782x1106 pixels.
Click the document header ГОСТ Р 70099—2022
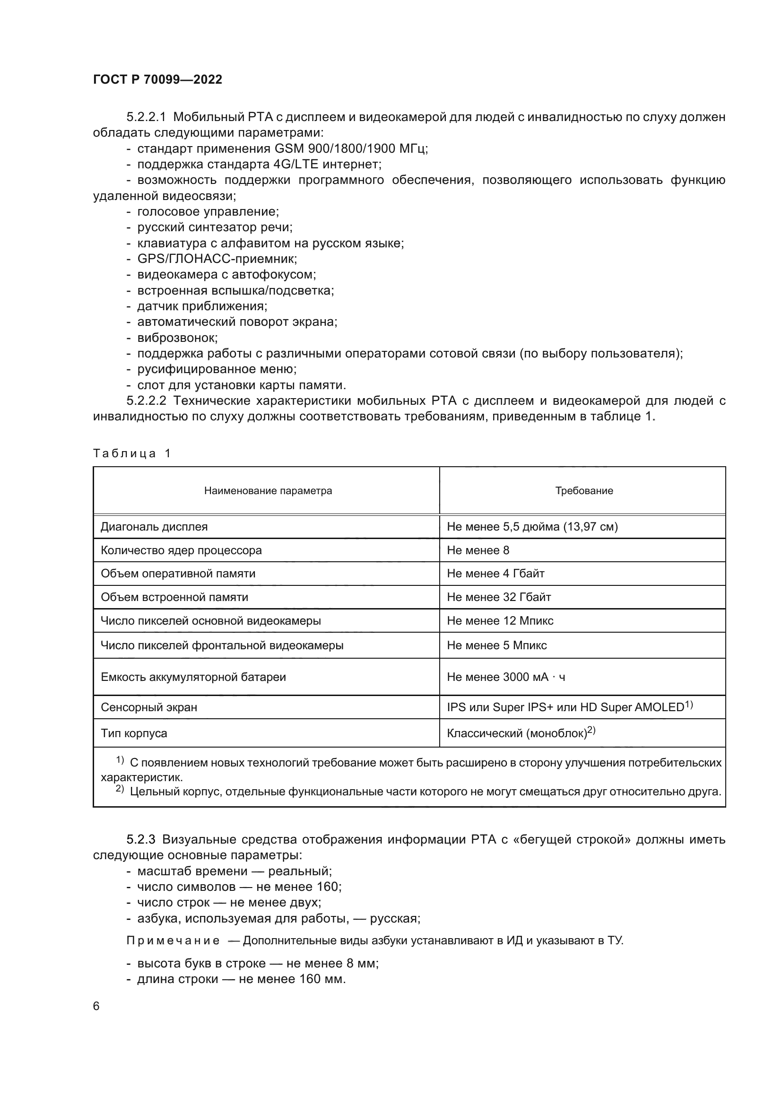tap(157, 79)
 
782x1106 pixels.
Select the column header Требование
tap(583, 491)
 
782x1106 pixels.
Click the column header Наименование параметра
tap(268, 491)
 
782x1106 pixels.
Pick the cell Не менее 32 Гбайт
tap(498, 597)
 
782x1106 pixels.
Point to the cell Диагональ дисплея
tap(154, 526)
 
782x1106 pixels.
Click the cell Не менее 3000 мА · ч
tap(505, 677)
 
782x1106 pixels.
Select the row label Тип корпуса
tap(134, 734)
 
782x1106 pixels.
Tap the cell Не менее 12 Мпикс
tap(500, 621)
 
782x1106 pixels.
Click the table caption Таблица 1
tap(131, 454)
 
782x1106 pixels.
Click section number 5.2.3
tap(140, 840)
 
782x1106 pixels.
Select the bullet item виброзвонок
tap(177, 338)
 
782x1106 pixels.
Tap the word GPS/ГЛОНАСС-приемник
tap(217, 259)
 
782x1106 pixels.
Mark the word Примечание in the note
tap(173, 941)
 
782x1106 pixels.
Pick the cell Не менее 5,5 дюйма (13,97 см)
tap(532, 526)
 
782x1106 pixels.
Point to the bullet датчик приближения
tap(202, 306)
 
